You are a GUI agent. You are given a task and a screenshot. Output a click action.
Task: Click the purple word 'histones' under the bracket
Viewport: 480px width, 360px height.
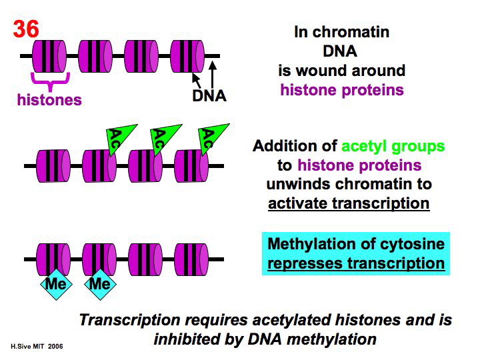(x=49, y=100)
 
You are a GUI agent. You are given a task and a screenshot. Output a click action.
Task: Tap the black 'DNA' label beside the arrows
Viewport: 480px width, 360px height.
(x=209, y=96)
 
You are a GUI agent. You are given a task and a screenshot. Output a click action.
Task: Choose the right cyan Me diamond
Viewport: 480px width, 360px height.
(x=100, y=284)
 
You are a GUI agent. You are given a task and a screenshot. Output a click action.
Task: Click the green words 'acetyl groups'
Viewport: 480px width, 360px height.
(x=393, y=146)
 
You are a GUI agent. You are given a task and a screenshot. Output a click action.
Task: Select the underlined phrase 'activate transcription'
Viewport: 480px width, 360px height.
(x=349, y=203)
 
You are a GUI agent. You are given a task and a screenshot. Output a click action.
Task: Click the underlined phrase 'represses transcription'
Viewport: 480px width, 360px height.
(x=356, y=263)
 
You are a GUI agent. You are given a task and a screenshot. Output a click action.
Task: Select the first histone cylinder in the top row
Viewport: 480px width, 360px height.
(x=49, y=55)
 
